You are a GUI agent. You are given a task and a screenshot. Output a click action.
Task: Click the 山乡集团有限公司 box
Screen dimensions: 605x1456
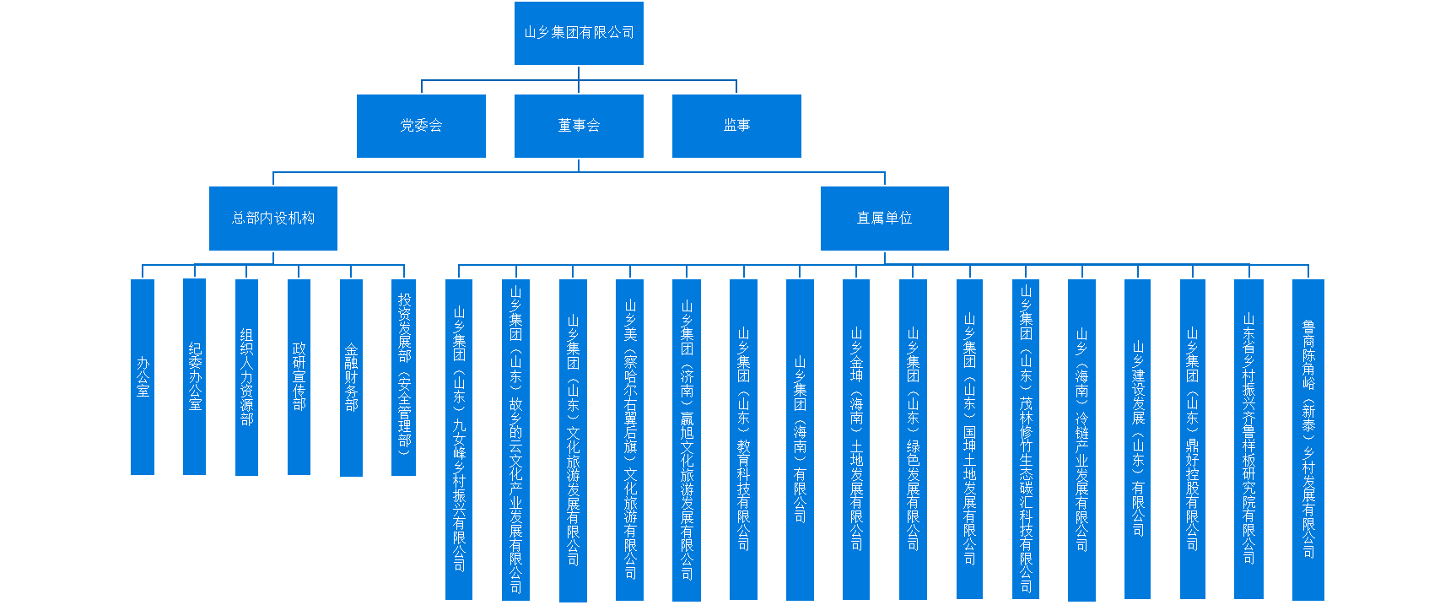tap(579, 33)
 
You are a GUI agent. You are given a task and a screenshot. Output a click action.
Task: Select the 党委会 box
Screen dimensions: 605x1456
tap(421, 126)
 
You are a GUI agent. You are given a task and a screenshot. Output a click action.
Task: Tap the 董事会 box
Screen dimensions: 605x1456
tap(579, 126)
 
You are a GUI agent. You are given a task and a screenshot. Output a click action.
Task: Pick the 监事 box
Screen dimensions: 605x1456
tap(736, 126)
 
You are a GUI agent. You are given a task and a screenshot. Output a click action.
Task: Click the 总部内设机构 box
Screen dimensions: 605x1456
tap(273, 218)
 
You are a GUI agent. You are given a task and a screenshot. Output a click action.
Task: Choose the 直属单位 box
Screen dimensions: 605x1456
tap(884, 218)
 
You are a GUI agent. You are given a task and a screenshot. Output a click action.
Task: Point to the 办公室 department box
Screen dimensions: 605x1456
tap(143, 376)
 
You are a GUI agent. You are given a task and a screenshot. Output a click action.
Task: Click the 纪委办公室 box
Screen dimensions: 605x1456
tap(195, 376)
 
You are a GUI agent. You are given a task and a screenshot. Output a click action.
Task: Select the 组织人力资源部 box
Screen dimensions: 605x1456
tap(246, 376)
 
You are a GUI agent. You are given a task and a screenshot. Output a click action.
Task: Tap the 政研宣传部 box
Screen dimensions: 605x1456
tap(299, 376)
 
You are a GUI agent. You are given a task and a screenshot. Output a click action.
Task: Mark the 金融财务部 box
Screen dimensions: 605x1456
tap(351, 376)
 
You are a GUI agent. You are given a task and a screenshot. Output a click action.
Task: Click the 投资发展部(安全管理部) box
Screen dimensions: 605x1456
tap(404, 376)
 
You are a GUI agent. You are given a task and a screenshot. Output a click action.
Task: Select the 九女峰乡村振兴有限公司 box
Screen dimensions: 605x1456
tap(459, 439)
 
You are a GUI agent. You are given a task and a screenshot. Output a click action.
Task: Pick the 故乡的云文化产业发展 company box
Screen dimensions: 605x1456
tap(515, 439)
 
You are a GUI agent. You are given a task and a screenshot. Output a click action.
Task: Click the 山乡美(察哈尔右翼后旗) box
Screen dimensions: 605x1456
tap(629, 439)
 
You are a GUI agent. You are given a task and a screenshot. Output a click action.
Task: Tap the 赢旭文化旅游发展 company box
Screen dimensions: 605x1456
tap(687, 439)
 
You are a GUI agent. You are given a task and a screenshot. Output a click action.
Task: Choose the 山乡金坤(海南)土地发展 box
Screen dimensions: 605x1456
tap(856, 439)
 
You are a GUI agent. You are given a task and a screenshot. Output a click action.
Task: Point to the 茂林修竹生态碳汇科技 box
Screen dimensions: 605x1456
tap(1026, 439)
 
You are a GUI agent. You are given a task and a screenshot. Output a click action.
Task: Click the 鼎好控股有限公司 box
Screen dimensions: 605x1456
tap(1193, 439)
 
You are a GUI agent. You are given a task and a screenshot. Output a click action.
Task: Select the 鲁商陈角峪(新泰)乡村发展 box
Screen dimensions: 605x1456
tap(1308, 439)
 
